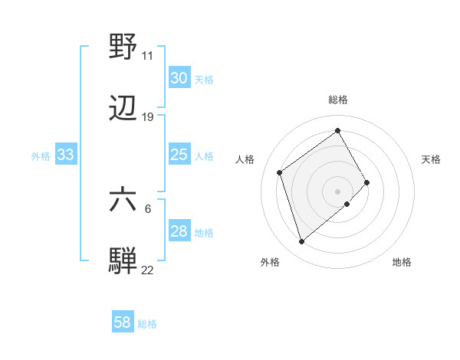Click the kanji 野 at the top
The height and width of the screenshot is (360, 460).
pyautogui.click(x=123, y=47)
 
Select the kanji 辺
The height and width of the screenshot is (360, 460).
pyautogui.click(x=123, y=109)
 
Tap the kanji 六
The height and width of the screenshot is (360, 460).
pyautogui.click(x=123, y=201)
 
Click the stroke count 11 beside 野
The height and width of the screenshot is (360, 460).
pyautogui.click(x=147, y=56)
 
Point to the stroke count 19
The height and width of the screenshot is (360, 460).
pyautogui.click(x=147, y=117)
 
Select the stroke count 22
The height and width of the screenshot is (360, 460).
pyautogui.click(x=147, y=270)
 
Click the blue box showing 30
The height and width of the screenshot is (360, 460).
pyautogui.click(x=179, y=78)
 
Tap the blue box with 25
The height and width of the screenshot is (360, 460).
pyautogui.click(x=179, y=155)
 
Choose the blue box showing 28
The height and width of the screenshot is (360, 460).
pyautogui.click(x=179, y=231)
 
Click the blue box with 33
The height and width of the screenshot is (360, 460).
pyautogui.click(x=65, y=155)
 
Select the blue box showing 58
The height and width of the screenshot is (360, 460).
pyautogui.click(x=123, y=322)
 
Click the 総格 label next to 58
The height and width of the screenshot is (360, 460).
pyautogui.click(x=147, y=324)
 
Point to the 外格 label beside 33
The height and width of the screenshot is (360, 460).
pyautogui.click(x=41, y=156)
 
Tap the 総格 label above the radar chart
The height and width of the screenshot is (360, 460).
pyautogui.click(x=337, y=100)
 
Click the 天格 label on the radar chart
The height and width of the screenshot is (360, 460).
pyautogui.click(x=431, y=159)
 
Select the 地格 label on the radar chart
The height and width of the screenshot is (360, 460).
pyautogui.click(x=402, y=262)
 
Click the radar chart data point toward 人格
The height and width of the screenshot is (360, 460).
pyautogui.click(x=280, y=172)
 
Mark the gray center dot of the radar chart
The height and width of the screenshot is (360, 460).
pyautogui.click(x=337, y=190)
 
